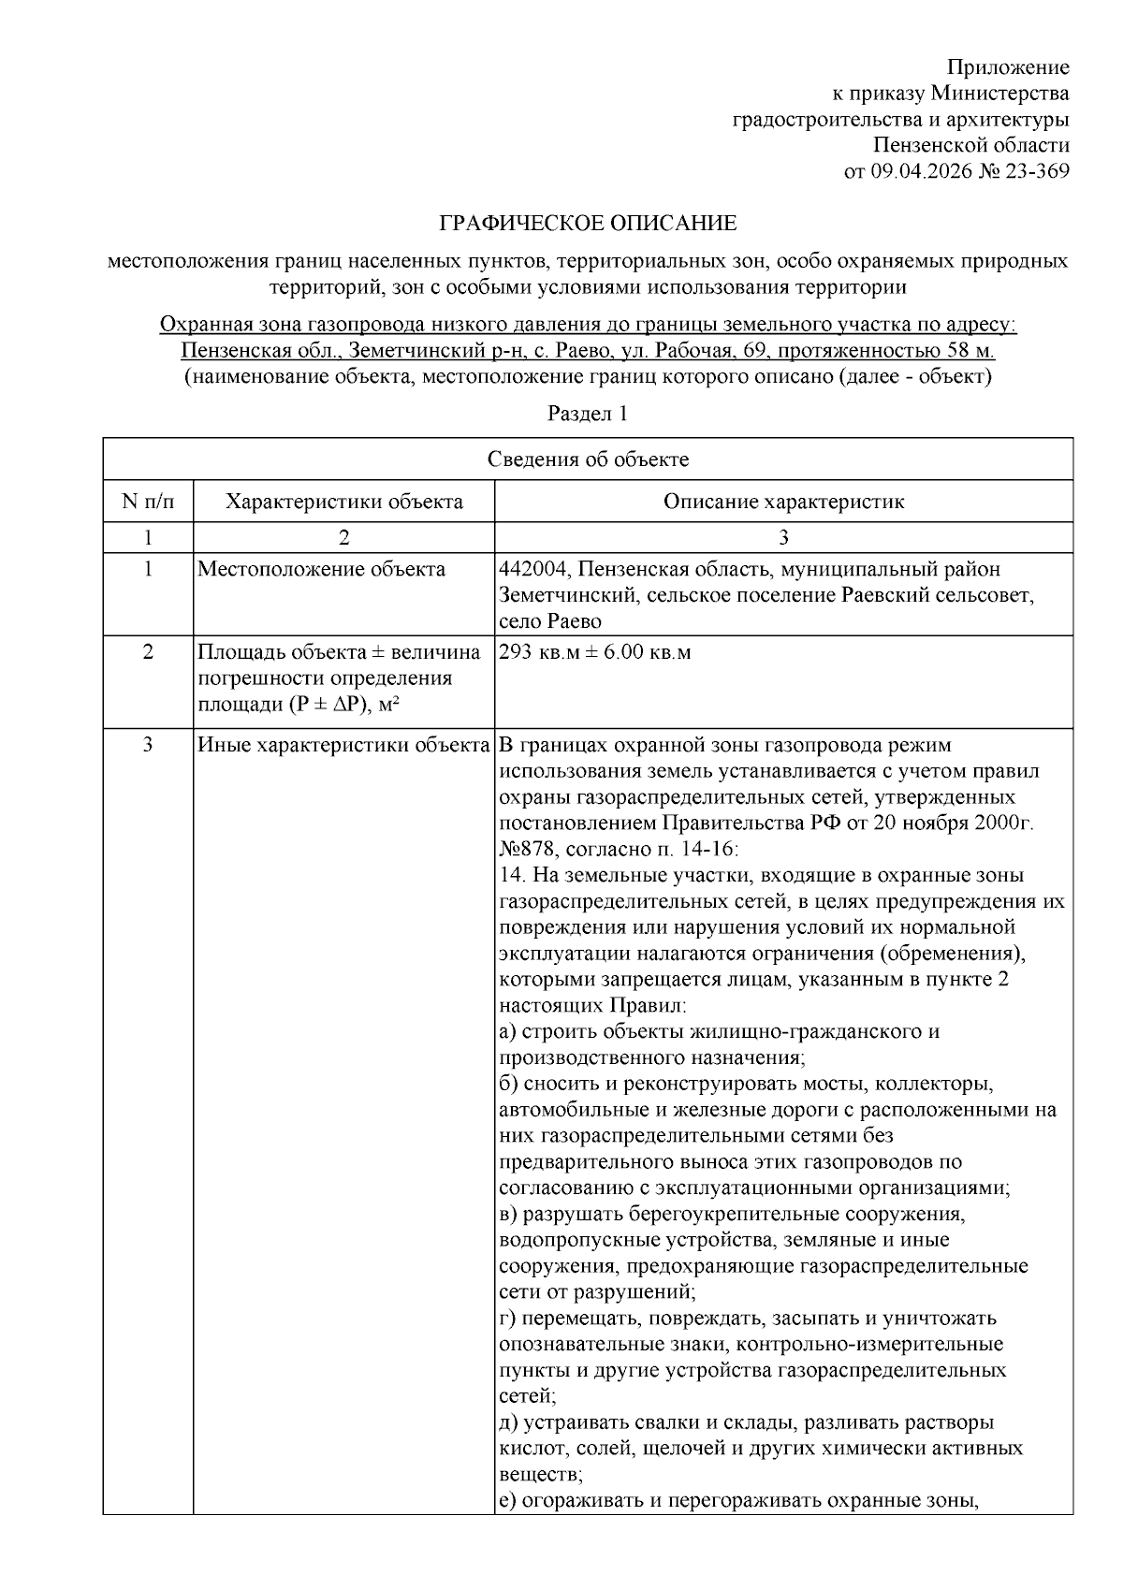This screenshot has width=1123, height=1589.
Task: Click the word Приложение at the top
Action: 1008,67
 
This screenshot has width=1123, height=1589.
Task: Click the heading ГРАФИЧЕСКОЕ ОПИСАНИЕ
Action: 588,224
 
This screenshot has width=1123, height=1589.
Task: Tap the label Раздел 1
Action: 588,414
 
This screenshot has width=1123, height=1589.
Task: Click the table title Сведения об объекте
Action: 588,459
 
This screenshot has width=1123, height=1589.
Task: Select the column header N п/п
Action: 148,502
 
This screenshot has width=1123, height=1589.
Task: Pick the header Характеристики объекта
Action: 343,502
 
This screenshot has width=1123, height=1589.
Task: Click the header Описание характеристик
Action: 783,502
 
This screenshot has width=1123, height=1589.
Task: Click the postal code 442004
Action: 530,570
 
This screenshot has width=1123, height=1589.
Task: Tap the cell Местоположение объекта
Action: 321,570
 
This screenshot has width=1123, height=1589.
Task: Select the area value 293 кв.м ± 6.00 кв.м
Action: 595,652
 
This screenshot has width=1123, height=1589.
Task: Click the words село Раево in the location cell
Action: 550,621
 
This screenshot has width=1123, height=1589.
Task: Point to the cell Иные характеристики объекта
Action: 343,746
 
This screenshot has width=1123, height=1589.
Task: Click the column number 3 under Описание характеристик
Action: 783,538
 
